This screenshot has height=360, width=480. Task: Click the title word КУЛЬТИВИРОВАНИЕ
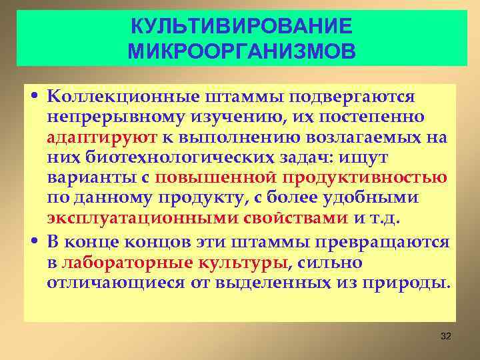[x=240, y=27]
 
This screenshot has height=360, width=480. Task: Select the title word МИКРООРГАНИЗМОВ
[x=240, y=51]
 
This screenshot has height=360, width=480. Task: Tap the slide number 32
[x=447, y=336]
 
